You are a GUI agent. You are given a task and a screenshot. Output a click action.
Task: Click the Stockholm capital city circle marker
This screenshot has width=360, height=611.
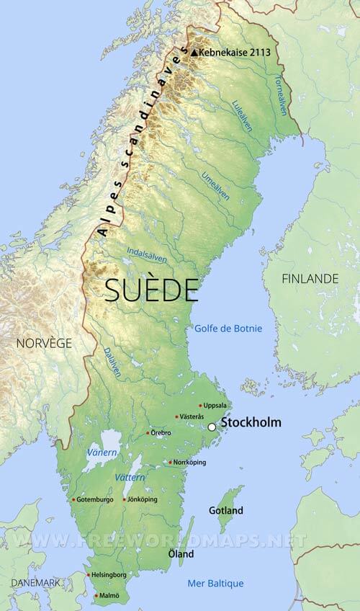point(212,427)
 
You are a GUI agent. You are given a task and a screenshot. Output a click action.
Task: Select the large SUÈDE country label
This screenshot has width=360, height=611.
point(151,290)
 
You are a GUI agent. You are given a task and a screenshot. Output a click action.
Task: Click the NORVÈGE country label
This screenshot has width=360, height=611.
point(44,343)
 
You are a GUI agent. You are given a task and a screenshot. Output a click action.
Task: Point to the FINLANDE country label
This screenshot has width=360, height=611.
point(310,278)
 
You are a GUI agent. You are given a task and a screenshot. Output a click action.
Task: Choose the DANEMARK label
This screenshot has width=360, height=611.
point(34,582)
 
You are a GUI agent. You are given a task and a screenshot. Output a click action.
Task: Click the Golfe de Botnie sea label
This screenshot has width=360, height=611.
point(228,329)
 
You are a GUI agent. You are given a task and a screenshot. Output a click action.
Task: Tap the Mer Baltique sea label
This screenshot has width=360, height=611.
point(215,583)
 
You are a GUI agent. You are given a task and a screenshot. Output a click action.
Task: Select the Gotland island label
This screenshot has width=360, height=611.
point(225,511)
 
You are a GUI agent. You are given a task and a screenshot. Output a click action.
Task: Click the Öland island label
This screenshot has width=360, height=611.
point(180,554)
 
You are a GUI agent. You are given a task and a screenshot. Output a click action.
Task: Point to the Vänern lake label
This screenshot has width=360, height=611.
point(100,452)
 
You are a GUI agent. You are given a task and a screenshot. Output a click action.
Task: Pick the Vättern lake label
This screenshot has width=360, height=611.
point(130,478)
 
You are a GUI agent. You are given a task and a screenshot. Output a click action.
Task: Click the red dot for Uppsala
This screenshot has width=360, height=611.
point(200,406)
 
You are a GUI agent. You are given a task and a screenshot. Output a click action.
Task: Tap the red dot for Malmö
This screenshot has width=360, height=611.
point(96,596)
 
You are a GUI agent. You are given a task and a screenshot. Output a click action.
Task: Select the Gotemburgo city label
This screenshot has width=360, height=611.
point(95,499)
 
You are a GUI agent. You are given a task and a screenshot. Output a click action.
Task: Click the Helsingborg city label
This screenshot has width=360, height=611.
point(109,575)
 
